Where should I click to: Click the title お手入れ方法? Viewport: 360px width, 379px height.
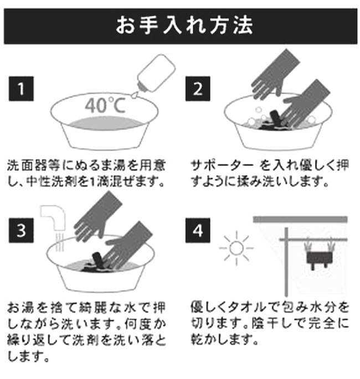[184, 25]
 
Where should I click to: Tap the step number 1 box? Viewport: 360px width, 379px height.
[21, 89]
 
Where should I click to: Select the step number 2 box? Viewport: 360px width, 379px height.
[198, 89]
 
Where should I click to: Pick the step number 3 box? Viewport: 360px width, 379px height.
[21, 230]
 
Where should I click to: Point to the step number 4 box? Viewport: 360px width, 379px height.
[198, 230]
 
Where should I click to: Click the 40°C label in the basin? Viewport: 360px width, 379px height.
[105, 105]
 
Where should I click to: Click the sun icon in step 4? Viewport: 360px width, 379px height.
[236, 248]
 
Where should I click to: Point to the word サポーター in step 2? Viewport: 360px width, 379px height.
[222, 166]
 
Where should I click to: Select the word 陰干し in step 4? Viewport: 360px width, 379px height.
[272, 324]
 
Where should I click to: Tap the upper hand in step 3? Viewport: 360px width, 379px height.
[97, 217]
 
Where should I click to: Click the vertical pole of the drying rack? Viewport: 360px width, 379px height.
[286, 262]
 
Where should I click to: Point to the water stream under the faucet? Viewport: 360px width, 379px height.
[59, 242]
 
